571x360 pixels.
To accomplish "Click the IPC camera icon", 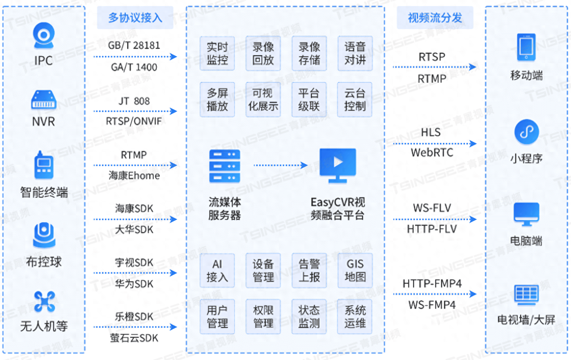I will coord(43,36).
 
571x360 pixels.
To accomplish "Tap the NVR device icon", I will coord(43,100).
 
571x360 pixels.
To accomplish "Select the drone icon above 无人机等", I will coord(44,301).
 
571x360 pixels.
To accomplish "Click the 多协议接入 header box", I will coord(135,18).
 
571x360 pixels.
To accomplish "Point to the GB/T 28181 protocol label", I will coord(134,45).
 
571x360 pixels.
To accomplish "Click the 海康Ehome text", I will coord(134,176).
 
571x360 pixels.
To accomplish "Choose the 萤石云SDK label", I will coord(134,338).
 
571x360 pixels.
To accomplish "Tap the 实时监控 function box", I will coord(217,54).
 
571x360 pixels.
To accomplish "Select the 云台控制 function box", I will coord(355,100).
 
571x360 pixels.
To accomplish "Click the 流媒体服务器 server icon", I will coord(225,166).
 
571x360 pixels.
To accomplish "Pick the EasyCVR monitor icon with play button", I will coord(338,165).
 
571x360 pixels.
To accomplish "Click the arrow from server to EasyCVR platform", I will coord(280,165).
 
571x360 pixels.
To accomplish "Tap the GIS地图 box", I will coord(355,270).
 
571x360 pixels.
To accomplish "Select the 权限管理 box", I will coord(263,317).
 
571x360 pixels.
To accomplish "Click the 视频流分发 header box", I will coord(435,18).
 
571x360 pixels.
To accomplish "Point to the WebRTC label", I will coord(432,153).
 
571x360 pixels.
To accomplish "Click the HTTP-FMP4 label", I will coord(432,283).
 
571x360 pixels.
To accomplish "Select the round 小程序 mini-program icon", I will coord(526,132).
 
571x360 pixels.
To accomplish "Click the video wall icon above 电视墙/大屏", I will coord(526,294).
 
